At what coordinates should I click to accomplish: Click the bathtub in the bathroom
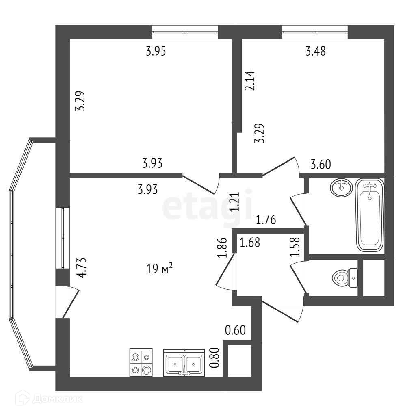(x=369, y=215)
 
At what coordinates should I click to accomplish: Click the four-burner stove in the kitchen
(x=141, y=362)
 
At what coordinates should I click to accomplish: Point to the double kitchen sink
(x=184, y=363)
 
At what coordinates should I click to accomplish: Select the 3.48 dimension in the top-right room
(x=316, y=52)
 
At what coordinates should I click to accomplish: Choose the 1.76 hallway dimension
(x=266, y=221)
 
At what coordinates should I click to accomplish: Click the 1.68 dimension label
(x=250, y=243)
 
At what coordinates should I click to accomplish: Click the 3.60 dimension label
(x=321, y=165)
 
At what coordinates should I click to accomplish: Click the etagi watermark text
(x=208, y=207)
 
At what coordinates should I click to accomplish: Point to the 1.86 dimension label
(x=221, y=248)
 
